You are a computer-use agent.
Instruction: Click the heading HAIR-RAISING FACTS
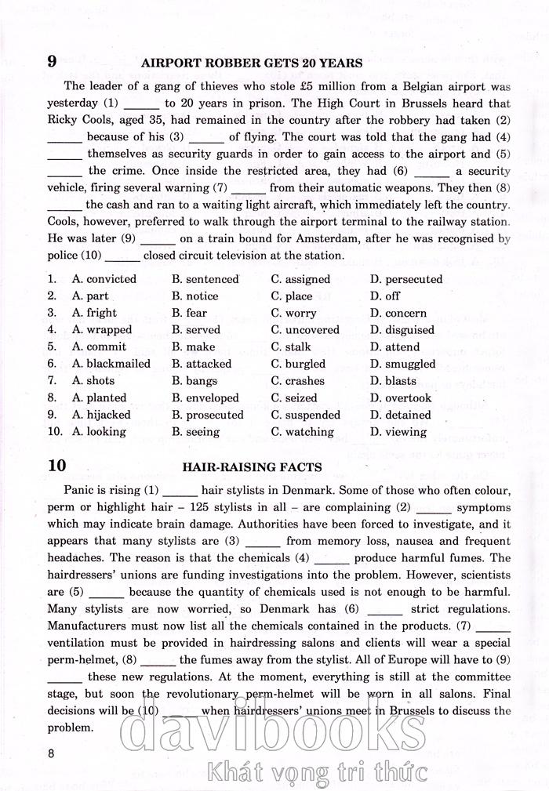point(252,467)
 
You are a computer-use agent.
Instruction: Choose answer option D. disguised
point(402,330)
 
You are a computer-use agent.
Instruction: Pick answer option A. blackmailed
point(111,364)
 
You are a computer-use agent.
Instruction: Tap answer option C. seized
point(294,398)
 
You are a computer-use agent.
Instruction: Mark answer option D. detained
point(400,415)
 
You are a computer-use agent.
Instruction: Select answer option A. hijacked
point(101,415)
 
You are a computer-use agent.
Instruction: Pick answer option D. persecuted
point(406,279)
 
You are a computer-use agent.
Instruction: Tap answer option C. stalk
point(291,347)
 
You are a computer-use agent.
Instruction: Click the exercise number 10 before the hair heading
point(56,466)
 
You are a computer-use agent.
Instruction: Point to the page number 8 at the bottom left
point(51,754)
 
